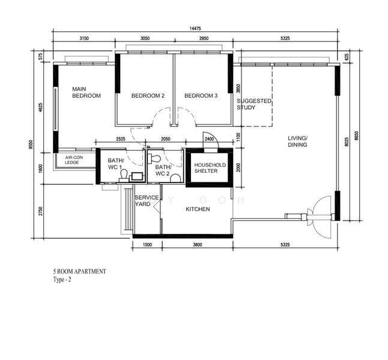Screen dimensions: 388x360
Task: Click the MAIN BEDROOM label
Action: point(86,92)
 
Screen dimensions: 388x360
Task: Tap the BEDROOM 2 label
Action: point(148,95)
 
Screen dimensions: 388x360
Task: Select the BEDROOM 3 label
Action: point(201,95)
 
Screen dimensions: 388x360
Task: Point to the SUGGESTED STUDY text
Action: point(254,104)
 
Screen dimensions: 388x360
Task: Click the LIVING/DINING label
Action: point(297,142)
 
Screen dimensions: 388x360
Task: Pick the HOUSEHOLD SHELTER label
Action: point(210,168)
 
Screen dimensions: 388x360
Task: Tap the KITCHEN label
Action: point(198,209)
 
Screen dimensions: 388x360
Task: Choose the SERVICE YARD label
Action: point(147,201)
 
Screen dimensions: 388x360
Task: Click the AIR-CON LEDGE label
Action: point(73,160)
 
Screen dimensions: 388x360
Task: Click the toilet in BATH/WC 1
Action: point(124,175)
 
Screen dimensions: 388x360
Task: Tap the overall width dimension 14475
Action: point(195,28)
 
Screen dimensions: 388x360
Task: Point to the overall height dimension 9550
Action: point(31,145)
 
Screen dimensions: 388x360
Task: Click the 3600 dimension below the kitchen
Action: point(198,245)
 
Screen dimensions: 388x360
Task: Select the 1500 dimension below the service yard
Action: point(148,245)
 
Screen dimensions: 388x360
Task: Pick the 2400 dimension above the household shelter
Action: point(209,139)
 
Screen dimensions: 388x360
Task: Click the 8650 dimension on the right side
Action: point(356,135)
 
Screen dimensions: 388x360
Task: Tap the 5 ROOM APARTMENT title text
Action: point(80,271)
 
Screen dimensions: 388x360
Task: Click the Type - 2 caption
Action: point(62,280)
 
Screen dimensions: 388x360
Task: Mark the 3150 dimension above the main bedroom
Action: point(84,38)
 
